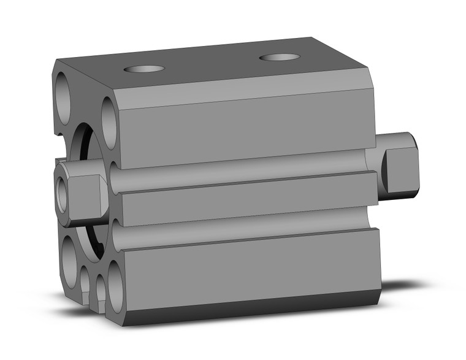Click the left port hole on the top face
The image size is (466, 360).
click(145, 68)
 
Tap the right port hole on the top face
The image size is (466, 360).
click(280, 58)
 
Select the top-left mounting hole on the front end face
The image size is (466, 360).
click(64, 91)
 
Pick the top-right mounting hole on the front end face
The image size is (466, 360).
click(109, 121)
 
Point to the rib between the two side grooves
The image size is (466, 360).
click(245, 201)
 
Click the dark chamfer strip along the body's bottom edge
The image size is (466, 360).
click(245, 310)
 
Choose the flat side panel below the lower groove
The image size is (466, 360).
click(245, 270)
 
